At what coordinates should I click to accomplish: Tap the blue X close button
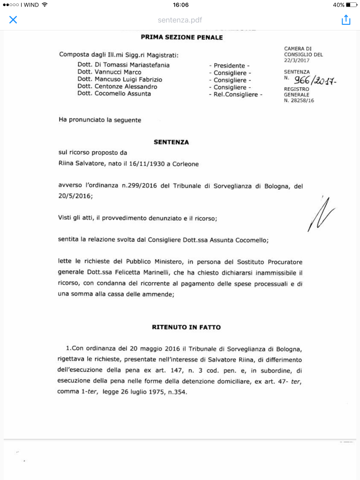(x=13, y=20)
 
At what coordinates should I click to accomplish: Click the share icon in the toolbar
(x=346, y=20)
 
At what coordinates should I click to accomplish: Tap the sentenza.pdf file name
(x=180, y=20)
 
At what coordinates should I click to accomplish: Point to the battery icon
(x=352, y=5)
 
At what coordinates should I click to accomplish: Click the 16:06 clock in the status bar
(x=180, y=5)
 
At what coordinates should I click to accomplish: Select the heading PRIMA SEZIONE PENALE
(x=182, y=37)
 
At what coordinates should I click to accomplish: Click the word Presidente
(x=229, y=66)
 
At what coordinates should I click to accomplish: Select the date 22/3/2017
(x=297, y=60)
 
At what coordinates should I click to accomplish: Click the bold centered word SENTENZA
(x=172, y=142)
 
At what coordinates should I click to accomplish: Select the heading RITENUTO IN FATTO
(x=186, y=327)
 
